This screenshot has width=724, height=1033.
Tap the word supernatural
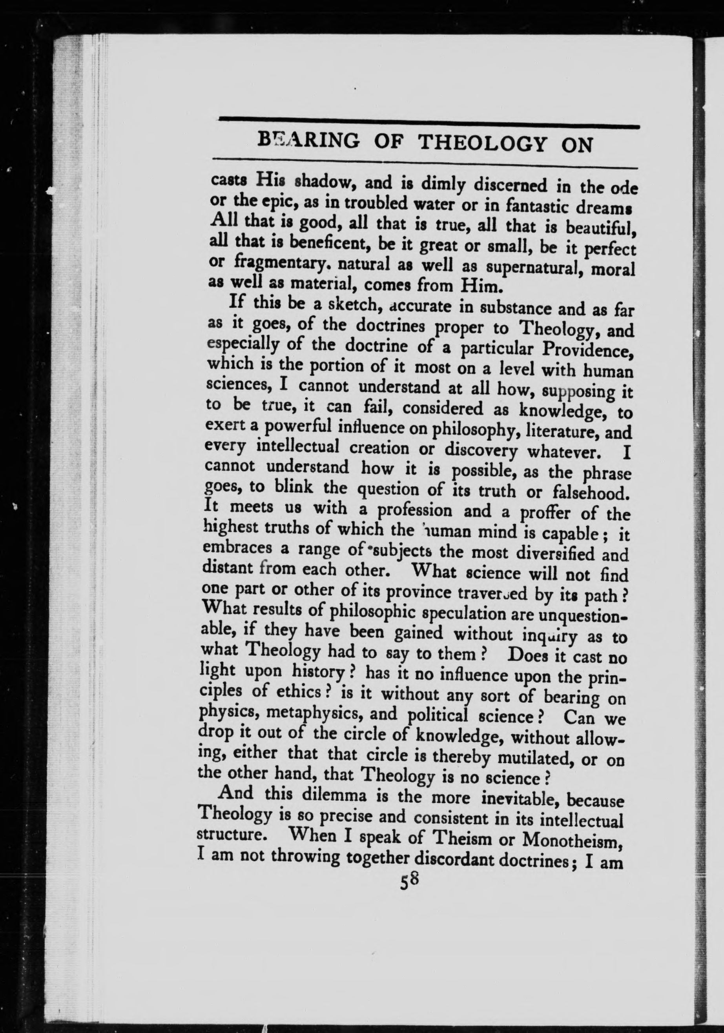[x=529, y=268]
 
